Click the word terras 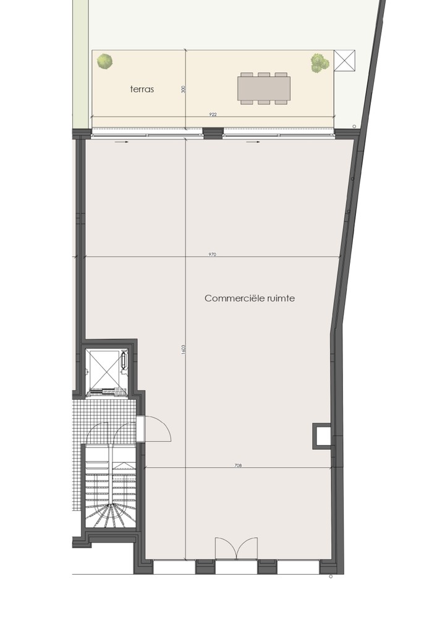142,89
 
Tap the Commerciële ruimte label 250,298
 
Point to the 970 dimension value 213,255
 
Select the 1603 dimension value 184,350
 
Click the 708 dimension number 237,465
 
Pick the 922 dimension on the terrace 213,115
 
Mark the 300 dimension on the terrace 183,90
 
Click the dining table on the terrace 264,88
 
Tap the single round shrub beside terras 105,61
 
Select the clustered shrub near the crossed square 320,63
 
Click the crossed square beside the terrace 344,61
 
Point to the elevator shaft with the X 103,369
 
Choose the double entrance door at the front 237,548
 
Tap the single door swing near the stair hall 156,428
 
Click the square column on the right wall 322,436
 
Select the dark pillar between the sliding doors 213,133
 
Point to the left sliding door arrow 122,142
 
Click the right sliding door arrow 253,142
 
